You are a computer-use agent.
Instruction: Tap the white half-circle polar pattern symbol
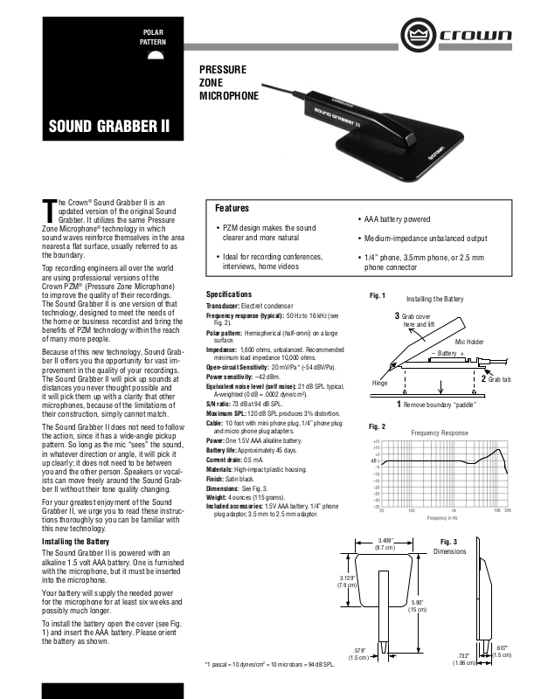coord(155,58)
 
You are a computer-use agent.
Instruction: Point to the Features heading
coord(232,209)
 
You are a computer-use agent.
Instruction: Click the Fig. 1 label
coord(378,295)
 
